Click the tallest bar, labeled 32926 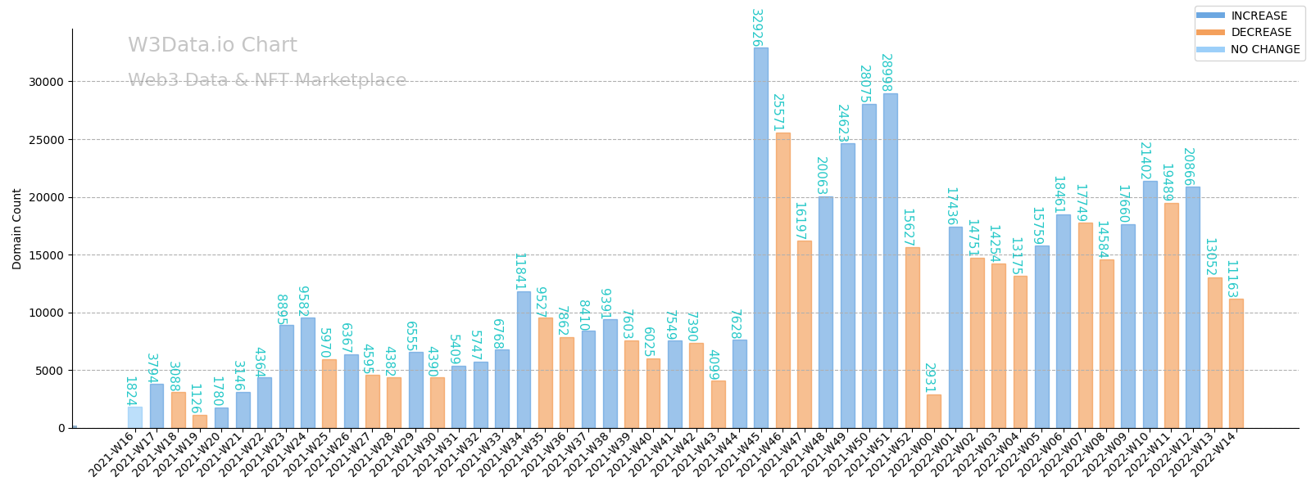point(761,237)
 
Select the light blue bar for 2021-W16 point(135,417)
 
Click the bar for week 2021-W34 point(524,359)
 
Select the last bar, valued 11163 point(1236,363)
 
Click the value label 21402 point(1145,161)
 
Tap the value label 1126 point(195,399)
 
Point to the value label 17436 point(951,207)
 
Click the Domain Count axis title point(17,228)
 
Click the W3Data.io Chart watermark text point(212,46)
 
